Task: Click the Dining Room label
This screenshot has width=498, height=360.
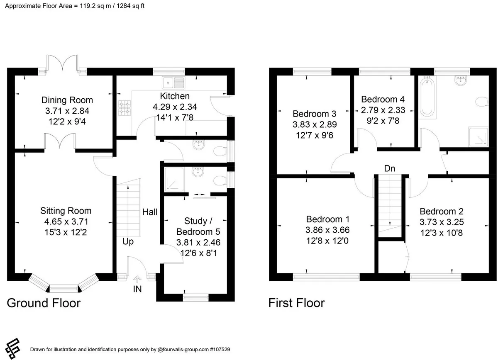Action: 67,100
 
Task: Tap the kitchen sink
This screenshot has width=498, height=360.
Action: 173,83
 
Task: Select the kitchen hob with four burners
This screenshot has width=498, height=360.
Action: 124,108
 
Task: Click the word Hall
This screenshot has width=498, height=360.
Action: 150,212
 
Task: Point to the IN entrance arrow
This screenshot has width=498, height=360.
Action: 137,279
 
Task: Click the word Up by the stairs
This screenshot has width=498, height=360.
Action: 128,241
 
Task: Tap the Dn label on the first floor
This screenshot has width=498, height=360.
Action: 390,168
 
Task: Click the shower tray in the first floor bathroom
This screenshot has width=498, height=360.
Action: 478,137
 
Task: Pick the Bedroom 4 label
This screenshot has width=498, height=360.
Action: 383,100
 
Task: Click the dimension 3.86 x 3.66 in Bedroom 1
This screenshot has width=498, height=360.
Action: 327,230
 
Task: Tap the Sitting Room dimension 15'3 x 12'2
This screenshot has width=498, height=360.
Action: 66,232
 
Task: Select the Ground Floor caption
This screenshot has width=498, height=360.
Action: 44,303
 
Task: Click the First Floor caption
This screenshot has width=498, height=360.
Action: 297,303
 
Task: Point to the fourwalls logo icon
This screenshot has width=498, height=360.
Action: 13,348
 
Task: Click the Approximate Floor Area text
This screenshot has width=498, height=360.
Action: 75,6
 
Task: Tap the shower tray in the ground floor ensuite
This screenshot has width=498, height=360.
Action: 174,179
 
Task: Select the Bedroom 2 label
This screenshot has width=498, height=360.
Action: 442,212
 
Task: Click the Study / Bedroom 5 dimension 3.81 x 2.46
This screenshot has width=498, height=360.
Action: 198,243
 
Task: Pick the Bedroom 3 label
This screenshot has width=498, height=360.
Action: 315,114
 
